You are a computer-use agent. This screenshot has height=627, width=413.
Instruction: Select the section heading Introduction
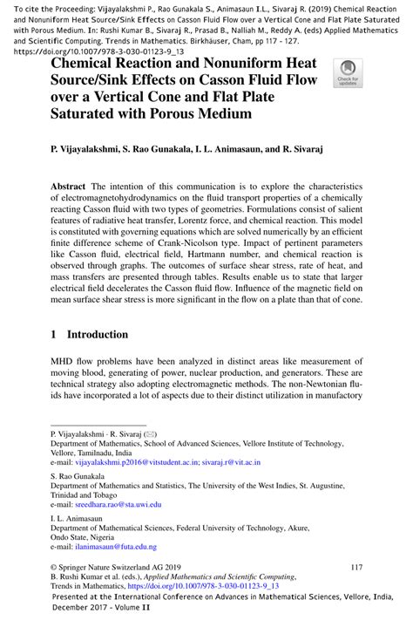(98, 334)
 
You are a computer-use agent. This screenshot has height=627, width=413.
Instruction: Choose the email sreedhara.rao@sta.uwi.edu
(121, 504)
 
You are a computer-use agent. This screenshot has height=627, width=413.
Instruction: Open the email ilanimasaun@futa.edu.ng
(115, 546)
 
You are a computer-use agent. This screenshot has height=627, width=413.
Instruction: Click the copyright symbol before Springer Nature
(55, 567)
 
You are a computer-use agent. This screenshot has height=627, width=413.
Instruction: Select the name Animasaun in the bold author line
(238, 150)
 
